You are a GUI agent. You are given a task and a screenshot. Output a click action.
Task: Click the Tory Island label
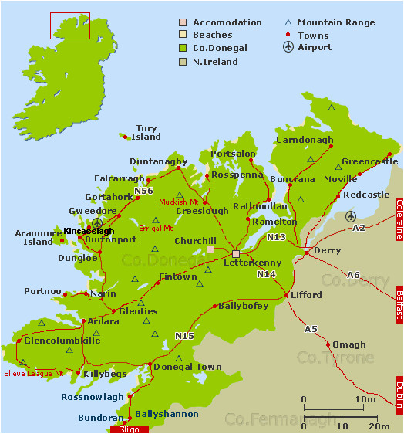point(147,133)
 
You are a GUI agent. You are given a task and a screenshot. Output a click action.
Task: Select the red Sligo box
point(126,429)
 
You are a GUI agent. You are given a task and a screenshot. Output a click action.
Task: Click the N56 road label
point(143,191)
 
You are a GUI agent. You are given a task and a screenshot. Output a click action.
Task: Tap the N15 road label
point(184,336)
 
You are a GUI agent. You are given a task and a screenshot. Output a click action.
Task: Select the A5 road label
point(311,330)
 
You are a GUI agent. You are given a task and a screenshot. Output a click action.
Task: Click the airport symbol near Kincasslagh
point(97,223)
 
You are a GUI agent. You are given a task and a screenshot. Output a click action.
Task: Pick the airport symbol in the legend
point(288,47)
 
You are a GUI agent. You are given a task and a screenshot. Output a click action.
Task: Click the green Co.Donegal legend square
point(183,48)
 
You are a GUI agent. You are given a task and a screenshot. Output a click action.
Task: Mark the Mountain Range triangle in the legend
point(288,22)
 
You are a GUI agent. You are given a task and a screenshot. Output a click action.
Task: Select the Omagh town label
point(349,344)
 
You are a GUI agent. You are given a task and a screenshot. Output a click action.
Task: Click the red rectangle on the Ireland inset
point(70,25)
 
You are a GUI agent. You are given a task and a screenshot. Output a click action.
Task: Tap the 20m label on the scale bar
point(379,426)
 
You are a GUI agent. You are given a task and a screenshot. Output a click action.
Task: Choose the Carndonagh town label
point(305,141)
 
